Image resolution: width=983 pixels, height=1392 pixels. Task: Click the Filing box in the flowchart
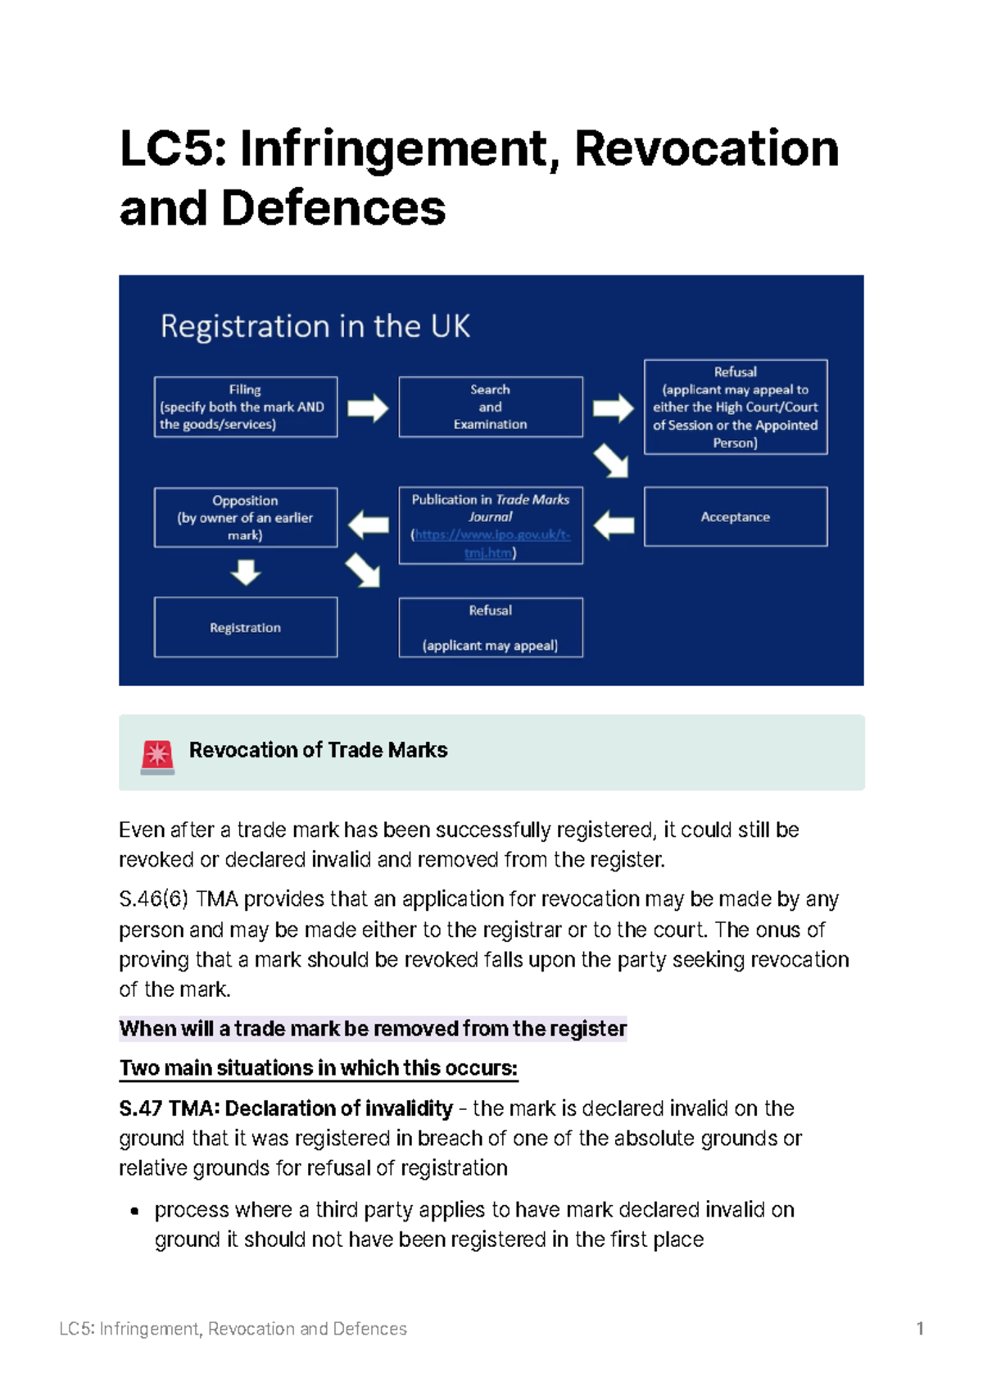(x=245, y=407)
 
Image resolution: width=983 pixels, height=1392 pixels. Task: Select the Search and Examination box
(x=490, y=407)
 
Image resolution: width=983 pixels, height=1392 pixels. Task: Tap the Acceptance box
(x=735, y=516)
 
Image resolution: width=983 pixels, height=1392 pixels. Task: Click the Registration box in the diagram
(x=245, y=627)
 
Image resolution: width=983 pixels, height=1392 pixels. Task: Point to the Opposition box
(x=245, y=517)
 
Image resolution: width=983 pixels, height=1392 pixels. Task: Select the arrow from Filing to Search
(x=368, y=407)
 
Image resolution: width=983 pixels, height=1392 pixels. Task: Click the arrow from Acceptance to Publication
(x=614, y=525)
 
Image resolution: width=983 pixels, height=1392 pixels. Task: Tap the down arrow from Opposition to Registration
(x=246, y=571)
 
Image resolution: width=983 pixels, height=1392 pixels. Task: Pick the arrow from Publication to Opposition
(x=369, y=525)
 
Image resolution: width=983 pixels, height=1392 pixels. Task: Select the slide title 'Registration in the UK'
(x=315, y=326)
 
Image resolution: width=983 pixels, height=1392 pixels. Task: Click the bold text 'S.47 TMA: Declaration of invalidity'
(x=285, y=1108)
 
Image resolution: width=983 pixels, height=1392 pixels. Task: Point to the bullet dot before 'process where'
(x=135, y=1211)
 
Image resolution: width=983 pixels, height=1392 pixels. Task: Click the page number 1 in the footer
(x=920, y=1328)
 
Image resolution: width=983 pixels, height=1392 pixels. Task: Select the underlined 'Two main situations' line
(x=318, y=1068)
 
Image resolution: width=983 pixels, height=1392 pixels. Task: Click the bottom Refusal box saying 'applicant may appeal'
(x=490, y=628)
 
